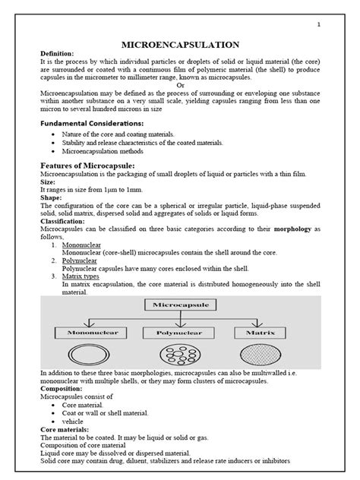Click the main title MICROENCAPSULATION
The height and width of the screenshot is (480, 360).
click(180, 46)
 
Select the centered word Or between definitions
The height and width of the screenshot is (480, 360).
click(180, 85)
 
